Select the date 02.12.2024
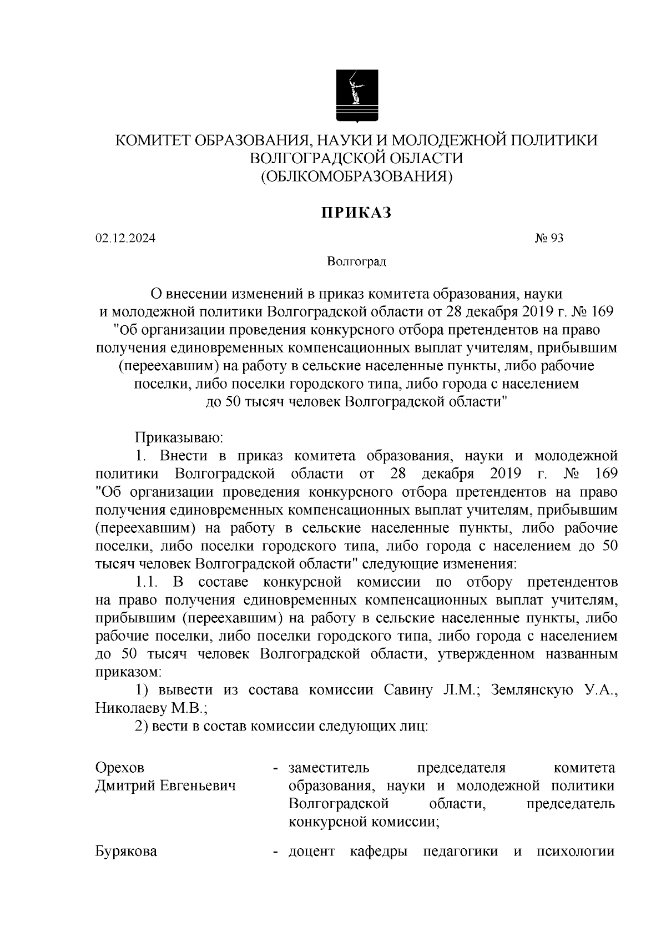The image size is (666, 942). tap(125, 239)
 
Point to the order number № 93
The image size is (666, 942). tap(549, 239)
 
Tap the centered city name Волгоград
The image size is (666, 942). tap(356, 261)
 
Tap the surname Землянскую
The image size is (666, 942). tap(525, 690)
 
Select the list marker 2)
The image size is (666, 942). tap(144, 727)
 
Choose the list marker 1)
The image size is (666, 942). tap(144, 690)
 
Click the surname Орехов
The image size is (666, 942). tap(120, 768)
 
